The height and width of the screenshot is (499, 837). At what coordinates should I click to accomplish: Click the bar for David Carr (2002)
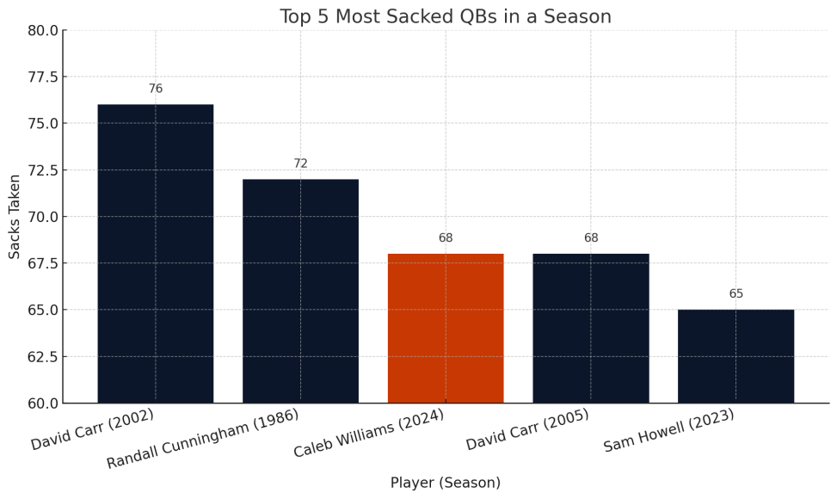[x=155, y=254]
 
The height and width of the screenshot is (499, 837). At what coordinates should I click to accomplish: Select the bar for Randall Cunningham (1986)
[x=300, y=291]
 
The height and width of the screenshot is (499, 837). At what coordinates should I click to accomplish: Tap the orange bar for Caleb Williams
[x=446, y=328]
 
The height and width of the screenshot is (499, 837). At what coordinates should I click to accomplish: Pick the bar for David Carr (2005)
[x=591, y=328]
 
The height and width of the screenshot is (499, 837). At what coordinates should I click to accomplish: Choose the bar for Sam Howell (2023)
[x=735, y=356]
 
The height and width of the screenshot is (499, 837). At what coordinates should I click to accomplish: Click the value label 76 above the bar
[x=156, y=89]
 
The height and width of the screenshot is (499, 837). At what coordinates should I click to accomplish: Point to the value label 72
[x=300, y=164]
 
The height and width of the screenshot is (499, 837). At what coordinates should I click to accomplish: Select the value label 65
[x=736, y=294]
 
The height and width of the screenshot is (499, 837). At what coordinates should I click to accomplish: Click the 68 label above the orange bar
[x=446, y=238]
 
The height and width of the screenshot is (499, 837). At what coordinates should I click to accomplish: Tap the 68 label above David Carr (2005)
[x=591, y=238]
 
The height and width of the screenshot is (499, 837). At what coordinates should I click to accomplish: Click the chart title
[x=446, y=17]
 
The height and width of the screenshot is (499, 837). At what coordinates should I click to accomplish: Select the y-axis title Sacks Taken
[x=15, y=216]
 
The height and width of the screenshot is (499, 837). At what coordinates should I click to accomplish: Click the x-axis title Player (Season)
[x=446, y=484]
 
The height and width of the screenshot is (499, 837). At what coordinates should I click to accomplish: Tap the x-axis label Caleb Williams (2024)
[x=369, y=434]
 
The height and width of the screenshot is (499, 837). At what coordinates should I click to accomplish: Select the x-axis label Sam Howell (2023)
[x=669, y=430]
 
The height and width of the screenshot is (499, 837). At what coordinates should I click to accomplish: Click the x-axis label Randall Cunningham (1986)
[x=203, y=439]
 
